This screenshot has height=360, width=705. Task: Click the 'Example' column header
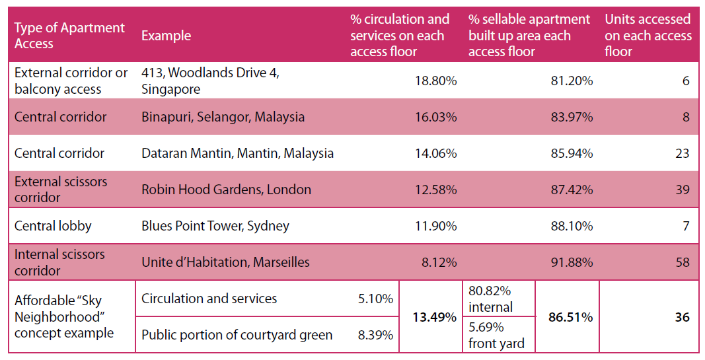(x=166, y=36)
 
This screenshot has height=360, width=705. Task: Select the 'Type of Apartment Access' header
(x=69, y=36)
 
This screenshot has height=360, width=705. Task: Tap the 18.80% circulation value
(x=435, y=81)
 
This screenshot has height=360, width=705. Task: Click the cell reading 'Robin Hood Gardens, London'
(x=226, y=190)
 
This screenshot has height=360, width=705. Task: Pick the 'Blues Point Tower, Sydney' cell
(x=215, y=226)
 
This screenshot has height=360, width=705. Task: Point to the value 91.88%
(x=572, y=262)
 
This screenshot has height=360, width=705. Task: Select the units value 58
(x=683, y=262)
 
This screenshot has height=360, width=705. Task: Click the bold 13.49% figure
(x=434, y=317)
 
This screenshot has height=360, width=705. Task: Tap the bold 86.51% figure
(x=571, y=317)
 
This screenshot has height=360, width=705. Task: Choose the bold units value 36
(x=682, y=317)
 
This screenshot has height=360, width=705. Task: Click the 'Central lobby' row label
(x=53, y=226)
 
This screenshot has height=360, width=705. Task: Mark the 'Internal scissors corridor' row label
(x=59, y=262)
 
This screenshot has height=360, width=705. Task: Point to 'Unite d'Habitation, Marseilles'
(x=225, y=262)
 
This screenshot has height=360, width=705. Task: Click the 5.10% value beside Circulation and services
(x=375, y=299)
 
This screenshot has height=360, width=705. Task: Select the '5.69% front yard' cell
(x=496, y=336)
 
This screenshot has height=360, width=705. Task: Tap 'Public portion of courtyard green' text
(x=237, y=336)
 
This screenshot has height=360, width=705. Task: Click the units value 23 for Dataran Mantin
(x=682, y=154)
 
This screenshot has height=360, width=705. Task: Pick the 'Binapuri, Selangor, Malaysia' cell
(x=223, y=118)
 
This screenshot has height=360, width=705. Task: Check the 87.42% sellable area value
(x=572, y=190)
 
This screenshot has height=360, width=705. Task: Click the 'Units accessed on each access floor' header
(x=648, y=36)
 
